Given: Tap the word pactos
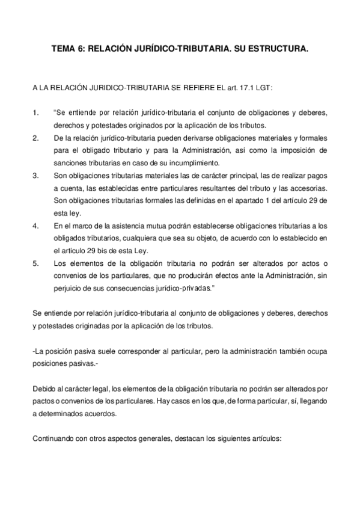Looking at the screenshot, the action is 44,401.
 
